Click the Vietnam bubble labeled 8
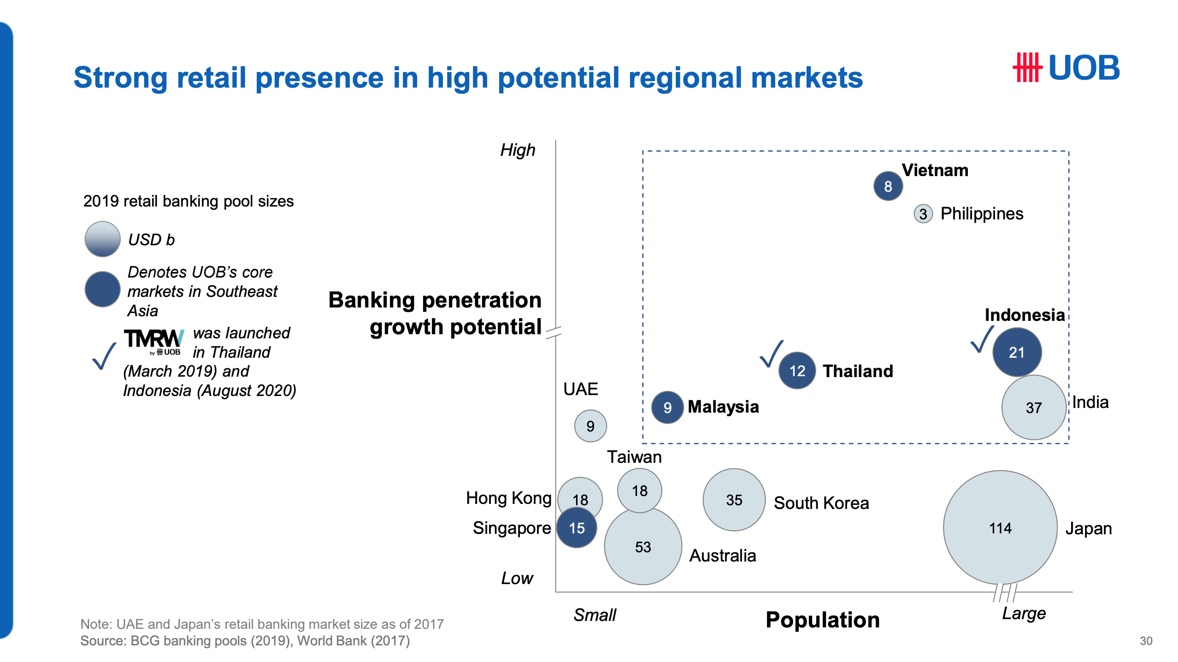(888, 186)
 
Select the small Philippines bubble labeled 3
(923, 214)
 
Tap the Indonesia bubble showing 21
(1016, 352)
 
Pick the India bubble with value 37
(1034, 408)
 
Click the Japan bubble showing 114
(1000, 528)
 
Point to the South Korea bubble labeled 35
(734, 500)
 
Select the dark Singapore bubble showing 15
(577, 528)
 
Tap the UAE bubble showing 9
(590, 426)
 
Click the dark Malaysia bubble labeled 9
(667, 408)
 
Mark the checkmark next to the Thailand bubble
(771, 354)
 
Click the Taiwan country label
(634, 457)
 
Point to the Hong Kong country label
(508, 498)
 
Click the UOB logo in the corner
(1066, 68)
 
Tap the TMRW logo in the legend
(154, 341)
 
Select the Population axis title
(822, 620)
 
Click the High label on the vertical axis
(518, 150)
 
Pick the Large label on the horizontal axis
(1024, 614)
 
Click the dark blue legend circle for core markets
(102, 289)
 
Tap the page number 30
(1146, 641)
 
